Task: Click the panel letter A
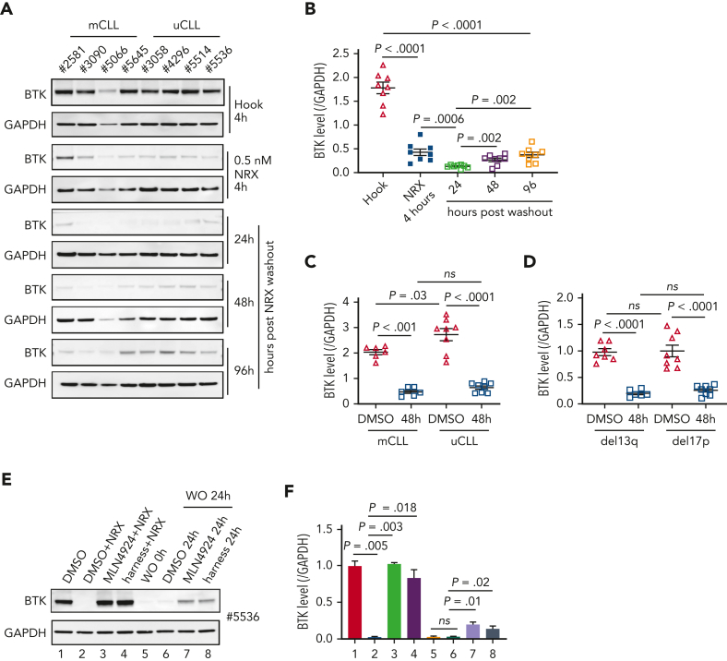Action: point(7,8)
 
